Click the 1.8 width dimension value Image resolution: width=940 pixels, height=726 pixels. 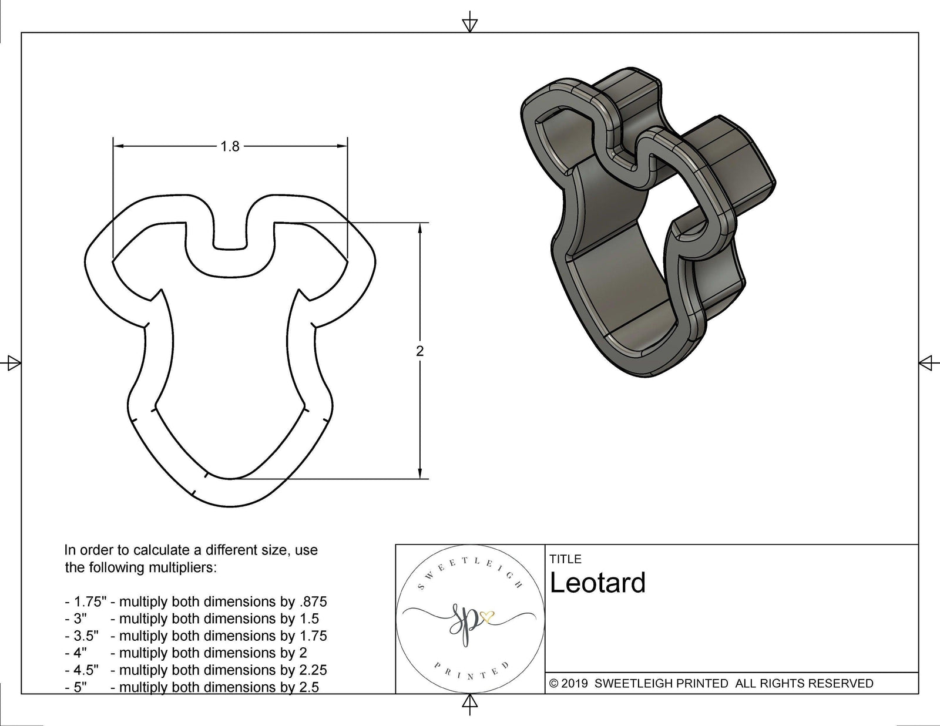(230, 146)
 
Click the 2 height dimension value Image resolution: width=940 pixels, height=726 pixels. (419, 351)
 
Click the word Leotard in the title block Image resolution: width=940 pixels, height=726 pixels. (597, 583)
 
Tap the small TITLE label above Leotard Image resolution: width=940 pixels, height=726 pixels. (565, 559)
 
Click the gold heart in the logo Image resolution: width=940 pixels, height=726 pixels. (487, 616)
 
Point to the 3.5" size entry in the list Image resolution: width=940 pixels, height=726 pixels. (86, 636)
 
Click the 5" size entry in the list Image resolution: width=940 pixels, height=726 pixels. (80, 687)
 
